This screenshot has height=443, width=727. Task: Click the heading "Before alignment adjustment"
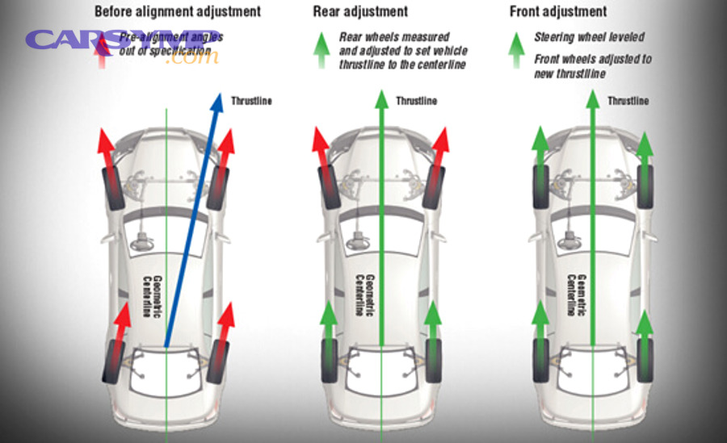178,12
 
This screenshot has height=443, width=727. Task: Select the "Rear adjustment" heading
360,12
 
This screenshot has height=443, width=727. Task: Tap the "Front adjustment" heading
558,12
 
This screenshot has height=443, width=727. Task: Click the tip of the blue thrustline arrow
219,94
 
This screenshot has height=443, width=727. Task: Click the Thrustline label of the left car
251,101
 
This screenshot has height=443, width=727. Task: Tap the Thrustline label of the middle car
416,101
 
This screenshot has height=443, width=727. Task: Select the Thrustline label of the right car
628,101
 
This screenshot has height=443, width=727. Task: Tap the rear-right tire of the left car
218,362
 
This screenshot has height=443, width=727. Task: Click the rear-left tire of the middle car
330,362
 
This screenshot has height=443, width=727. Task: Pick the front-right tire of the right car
645,186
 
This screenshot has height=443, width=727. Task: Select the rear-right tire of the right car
645,361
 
